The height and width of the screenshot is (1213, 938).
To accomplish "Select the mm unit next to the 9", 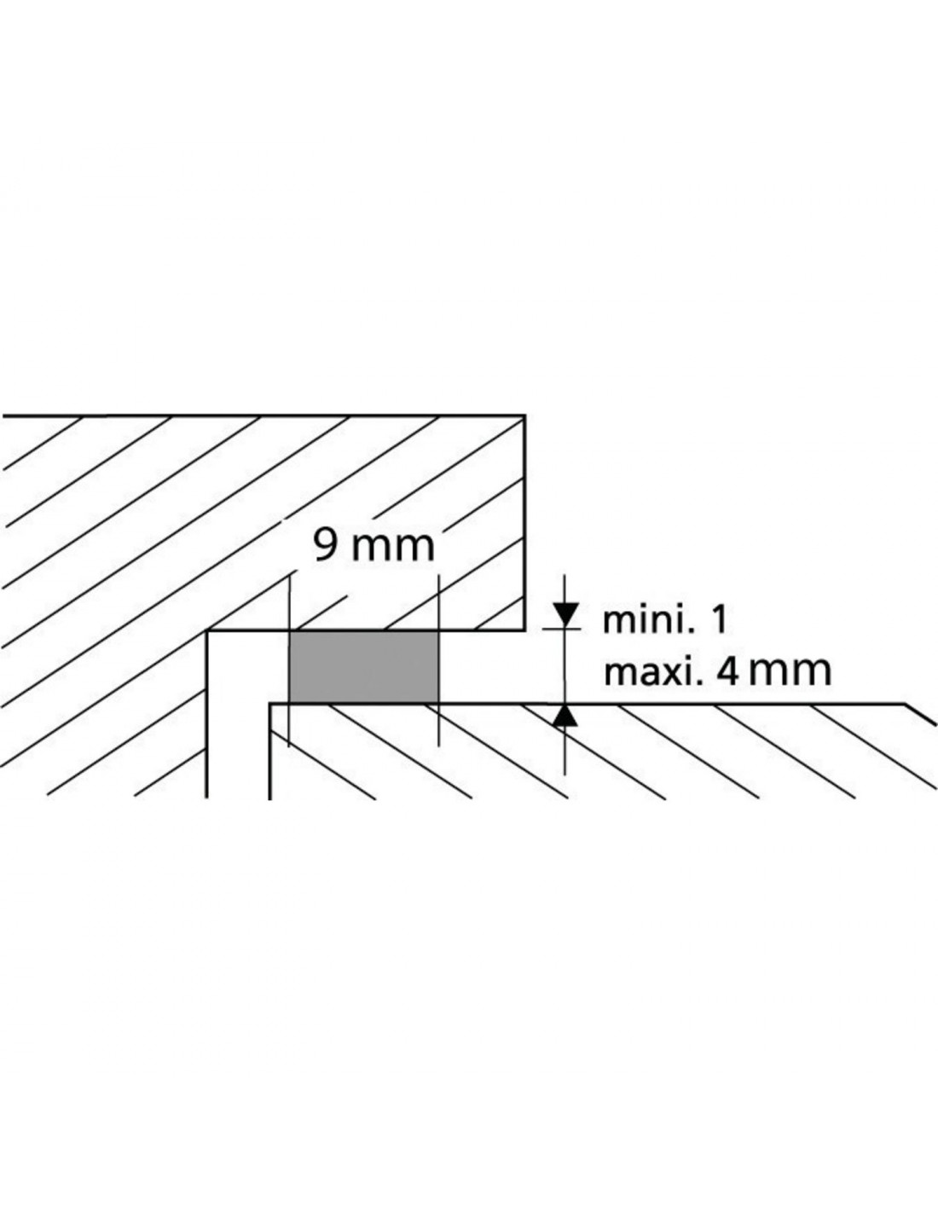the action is pyautogui.click(x=391, y=549).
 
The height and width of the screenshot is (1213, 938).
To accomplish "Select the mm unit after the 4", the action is pyautogui.click(x=790, y=674).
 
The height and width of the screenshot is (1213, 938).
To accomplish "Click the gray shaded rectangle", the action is pyautogui.click(x=364, y=667).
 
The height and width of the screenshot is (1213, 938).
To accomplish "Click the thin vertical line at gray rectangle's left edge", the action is pyautogui.click(x=289, y=659).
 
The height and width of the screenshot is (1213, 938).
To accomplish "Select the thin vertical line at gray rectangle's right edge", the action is pyautogui.click(x=438, y=659).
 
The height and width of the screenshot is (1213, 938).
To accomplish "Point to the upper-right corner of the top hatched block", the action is pyautogui.click(x=524, y=415).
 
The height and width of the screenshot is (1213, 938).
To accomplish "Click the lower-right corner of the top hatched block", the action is pyautogui.click(x=524, y=631).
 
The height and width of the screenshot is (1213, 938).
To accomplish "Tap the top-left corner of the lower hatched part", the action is pyautogui.click(x=270, y=704).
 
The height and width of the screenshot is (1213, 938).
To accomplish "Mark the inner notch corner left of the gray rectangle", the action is pyautogui.click(x=207, y=631).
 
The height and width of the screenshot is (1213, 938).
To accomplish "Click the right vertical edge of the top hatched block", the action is pyautogui.click(x=524, y=523).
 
